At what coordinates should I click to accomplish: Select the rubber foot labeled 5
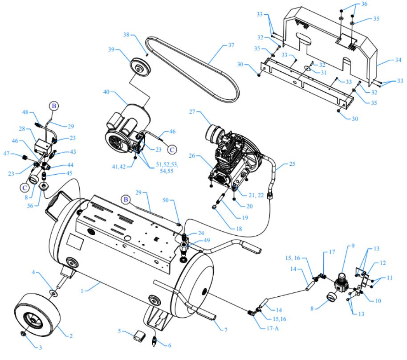tap(137, 335)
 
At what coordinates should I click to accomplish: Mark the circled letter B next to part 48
tap(53, 106)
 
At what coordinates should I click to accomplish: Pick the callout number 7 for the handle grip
tap(226, 330)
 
